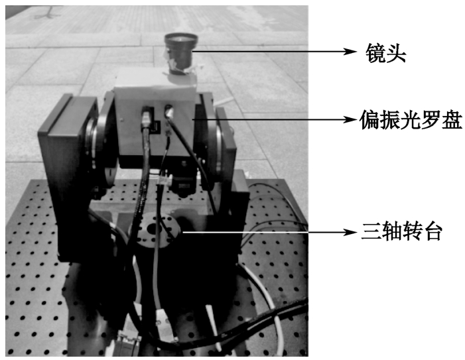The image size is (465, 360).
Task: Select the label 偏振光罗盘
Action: [x=411, y=119]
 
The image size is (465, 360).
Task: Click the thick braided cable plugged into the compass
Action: [x=142, y=166]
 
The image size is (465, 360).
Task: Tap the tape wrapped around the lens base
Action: [x=178, y=67]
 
